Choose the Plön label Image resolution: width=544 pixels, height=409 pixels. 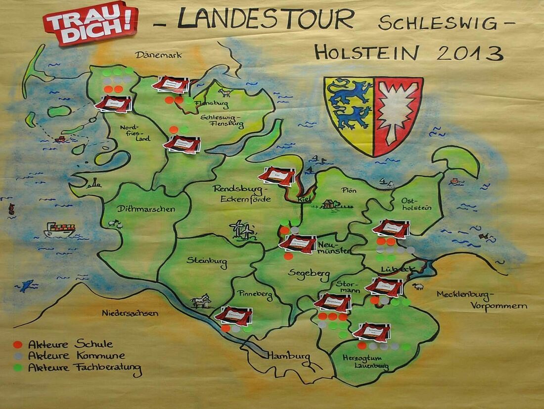coord(349,190)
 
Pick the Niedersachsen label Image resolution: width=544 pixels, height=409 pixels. coord(130,313)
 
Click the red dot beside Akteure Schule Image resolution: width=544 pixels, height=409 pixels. coord(18,344)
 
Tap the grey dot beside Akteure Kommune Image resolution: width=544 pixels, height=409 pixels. coord(18,356)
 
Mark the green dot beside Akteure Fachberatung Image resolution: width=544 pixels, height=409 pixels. coord(18,367)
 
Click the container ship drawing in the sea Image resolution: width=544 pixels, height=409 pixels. coord(59,229)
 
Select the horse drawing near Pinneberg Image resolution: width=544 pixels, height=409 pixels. coord(202,301)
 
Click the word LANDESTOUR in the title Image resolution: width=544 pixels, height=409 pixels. coord(266,20)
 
